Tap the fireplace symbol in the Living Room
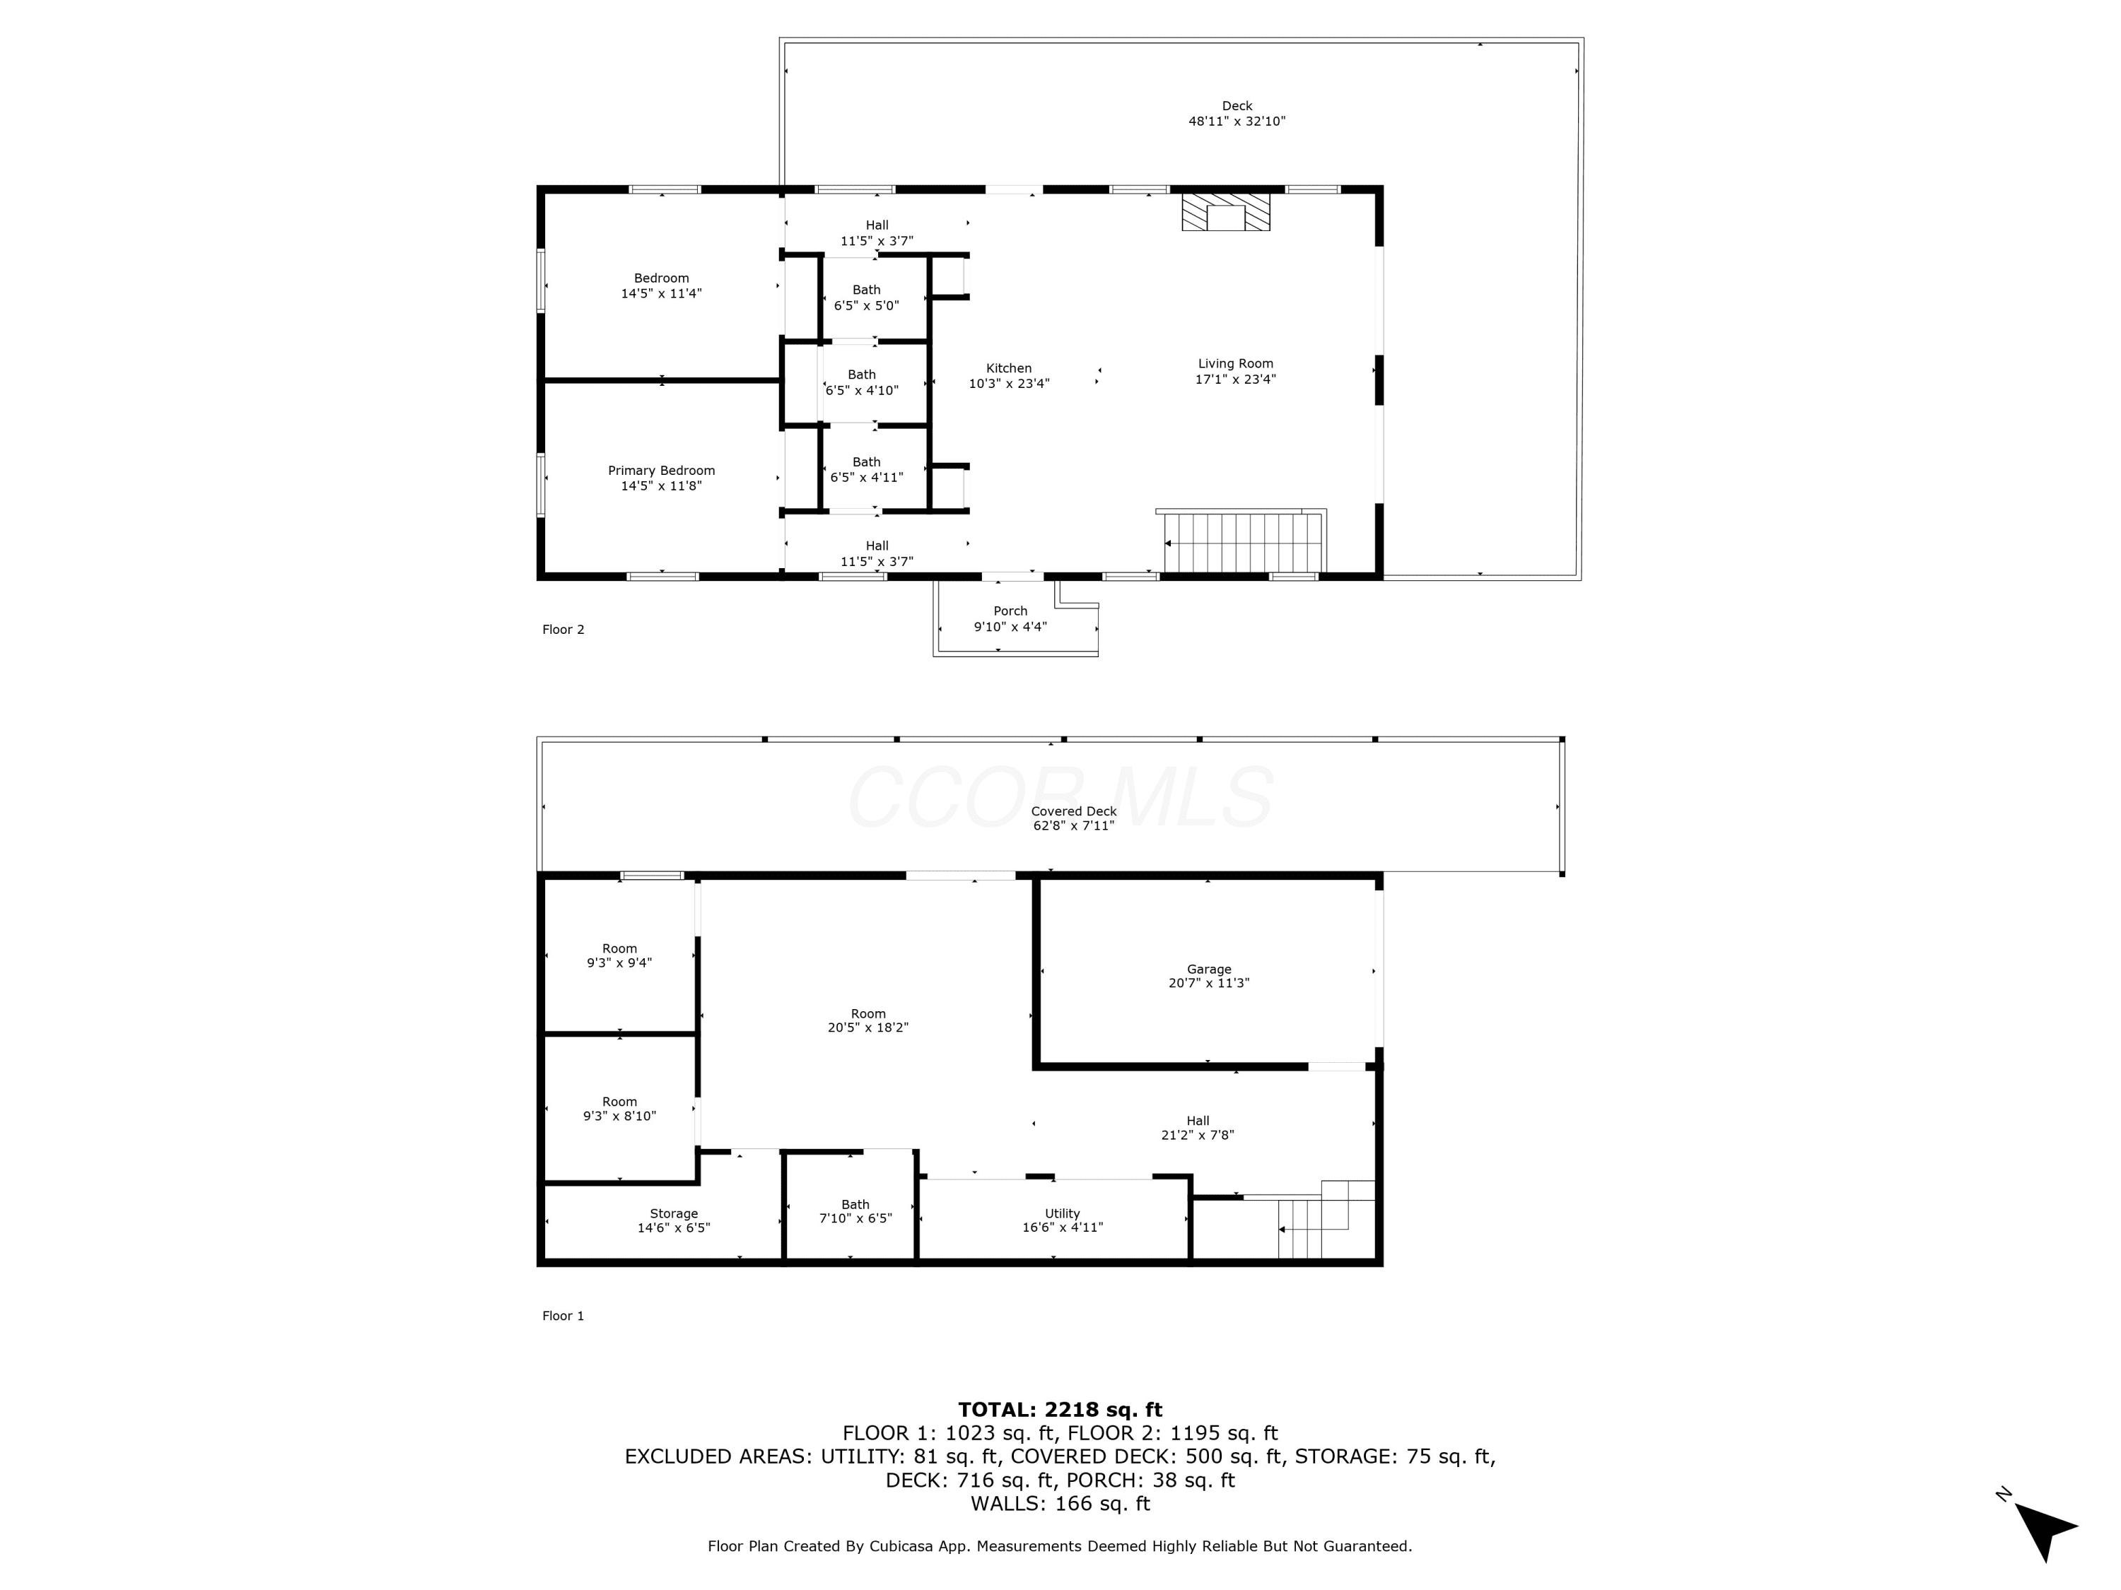click(x=1225, y=212)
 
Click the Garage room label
click(x=1208, y=976)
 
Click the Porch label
click(x=1010, y=619)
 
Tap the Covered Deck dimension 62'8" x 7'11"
click(x=1073, y=825)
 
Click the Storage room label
click(x=673, y=1220)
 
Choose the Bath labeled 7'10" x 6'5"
click(x=855, y=1211)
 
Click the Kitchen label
click(x=1009, y=376)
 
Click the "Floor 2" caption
click(x=563, y=630)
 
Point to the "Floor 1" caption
click(x=563, y=1316)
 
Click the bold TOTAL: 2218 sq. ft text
click(x=1060, y=1410)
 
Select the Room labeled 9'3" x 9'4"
click(x=619, y=955)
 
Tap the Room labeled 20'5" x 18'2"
click(x=867, y=1020)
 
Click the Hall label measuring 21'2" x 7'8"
click(x=1197, y=1128)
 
